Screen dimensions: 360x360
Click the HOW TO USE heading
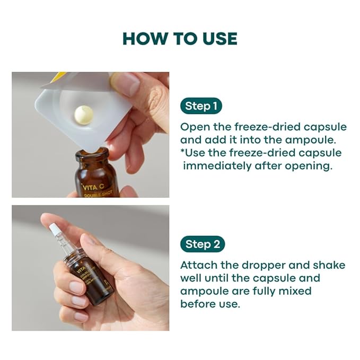(180, 39)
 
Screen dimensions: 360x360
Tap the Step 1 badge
(200, 106)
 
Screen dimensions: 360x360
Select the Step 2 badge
(201, 244)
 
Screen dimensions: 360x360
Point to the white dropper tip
(54, 229)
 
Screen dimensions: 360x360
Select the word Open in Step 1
(194, 127)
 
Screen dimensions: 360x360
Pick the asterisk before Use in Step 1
(183, 152)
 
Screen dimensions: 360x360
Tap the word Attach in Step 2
(197, 265)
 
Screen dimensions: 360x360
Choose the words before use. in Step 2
(210, 304)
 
